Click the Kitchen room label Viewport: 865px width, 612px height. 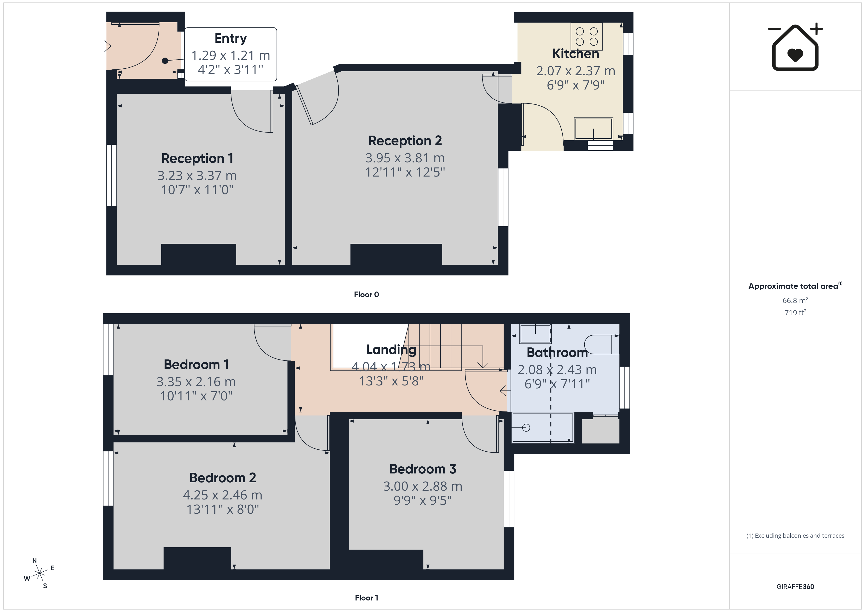point(576,54)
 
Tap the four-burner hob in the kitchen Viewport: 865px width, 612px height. point(586,37)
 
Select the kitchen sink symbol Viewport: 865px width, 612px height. point(593,128)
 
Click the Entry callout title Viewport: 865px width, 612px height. point(230,38)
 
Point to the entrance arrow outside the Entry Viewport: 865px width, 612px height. point(105,46)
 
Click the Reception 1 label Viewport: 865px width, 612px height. point(197,158)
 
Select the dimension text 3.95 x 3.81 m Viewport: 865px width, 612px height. point(405,158)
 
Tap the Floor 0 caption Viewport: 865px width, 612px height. point(366,295)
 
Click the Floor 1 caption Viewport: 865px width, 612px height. point(366,598)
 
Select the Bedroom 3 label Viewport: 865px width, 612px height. point(423,469)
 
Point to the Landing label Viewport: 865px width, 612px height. point(391,350)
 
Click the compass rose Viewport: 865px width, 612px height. point(39,574)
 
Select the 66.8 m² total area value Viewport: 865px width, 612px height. point(795,300)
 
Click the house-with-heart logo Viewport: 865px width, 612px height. point(795,47)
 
